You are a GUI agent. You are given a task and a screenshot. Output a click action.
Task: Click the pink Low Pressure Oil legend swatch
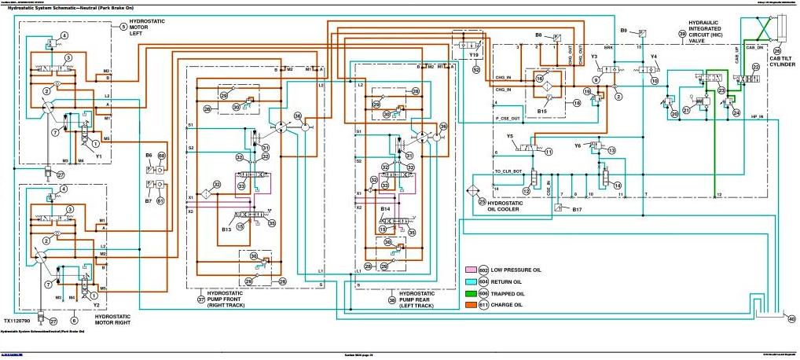472,270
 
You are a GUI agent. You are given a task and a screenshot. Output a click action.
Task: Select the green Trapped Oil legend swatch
472,293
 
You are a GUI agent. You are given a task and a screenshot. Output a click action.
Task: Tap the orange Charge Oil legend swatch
472,305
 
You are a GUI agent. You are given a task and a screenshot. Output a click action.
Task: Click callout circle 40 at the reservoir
791,318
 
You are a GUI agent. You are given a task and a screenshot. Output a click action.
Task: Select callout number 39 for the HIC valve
682,33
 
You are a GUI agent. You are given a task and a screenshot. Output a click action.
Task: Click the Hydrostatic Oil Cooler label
511,206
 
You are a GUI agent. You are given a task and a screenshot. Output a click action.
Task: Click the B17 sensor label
577,209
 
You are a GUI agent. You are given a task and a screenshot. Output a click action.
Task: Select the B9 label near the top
624,31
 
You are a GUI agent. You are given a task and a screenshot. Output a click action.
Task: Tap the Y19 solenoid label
473,57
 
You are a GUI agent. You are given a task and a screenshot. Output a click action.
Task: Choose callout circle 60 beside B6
162,156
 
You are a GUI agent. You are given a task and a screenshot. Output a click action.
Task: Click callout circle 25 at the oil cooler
483,202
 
